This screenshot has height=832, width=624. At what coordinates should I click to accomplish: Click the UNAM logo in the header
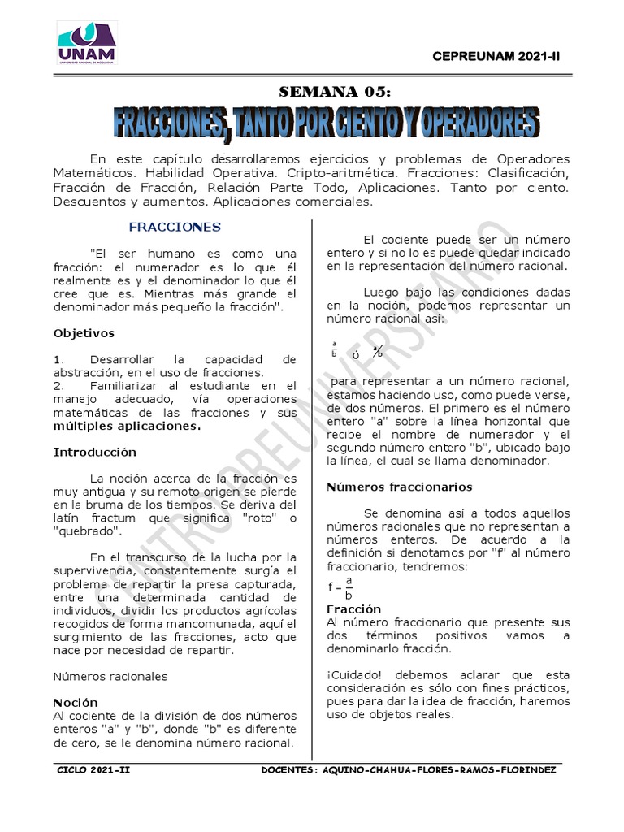click(86, 41)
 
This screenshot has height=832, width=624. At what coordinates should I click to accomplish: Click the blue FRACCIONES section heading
click(175, 227)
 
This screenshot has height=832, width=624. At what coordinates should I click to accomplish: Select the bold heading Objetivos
click(84, 333)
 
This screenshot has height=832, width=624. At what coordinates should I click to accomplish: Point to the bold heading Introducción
click(94, 452)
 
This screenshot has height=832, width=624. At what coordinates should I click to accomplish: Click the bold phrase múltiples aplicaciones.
click(126, 426)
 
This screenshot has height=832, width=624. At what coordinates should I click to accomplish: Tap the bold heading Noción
click(76, 702)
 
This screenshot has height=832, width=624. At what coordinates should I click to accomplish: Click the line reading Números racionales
click(110, 676)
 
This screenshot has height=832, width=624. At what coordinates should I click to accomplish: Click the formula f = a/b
click(340, 587)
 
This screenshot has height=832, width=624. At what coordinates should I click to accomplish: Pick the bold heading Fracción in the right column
click(353, 609)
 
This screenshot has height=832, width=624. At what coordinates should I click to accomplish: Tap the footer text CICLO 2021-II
click(94, 770)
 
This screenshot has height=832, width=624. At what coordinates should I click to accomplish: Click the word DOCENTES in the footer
click(289, 770)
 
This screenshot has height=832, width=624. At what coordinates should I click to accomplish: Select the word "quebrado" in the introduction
click(88, 531)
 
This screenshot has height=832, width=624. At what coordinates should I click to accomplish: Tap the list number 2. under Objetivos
click(58, 385)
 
